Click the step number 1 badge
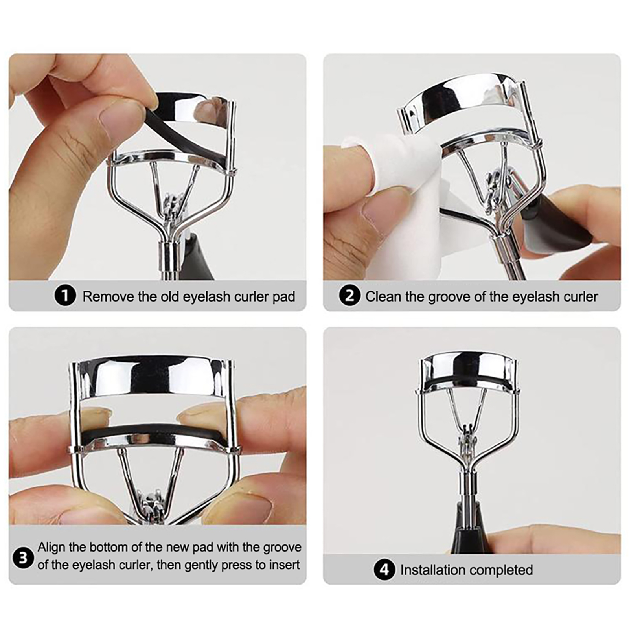click(65, 296)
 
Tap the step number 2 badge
click(349, 296)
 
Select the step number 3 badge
click(23, 558)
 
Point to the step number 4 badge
click(384, 570)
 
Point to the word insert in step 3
click(284, 565)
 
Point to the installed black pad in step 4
click(468, 381)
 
